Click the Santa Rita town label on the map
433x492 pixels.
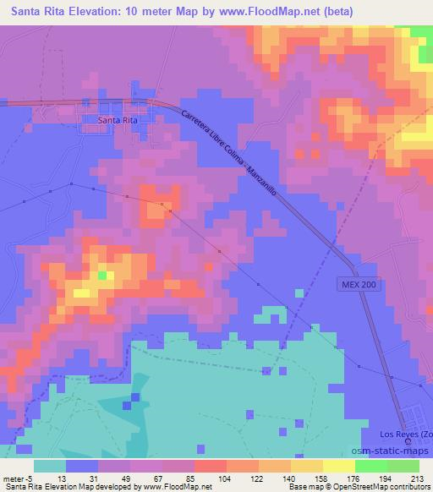tap(118, 120)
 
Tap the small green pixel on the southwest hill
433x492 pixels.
tap(102, 276)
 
